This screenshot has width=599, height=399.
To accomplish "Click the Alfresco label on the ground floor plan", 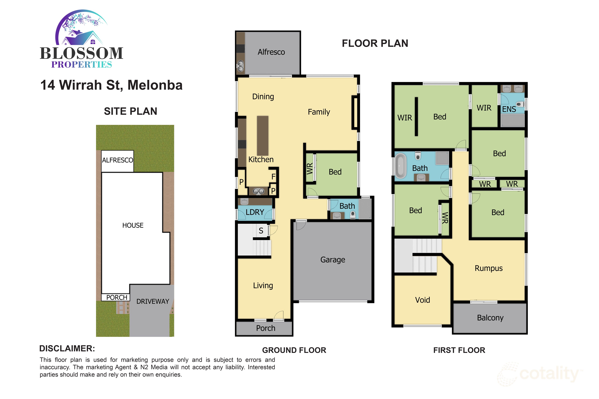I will click(271, 52).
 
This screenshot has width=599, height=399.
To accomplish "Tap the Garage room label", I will click(333, 260).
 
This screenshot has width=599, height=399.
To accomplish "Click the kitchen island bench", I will click(263, 136).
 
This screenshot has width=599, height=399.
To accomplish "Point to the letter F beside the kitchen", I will click(273, 177).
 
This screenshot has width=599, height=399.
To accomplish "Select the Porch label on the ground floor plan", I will click(266, 328).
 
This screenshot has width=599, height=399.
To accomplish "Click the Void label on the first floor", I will click(422, 300).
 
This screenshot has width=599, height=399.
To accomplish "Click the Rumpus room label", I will click(488, 268).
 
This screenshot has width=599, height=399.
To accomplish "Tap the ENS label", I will click(509, 109).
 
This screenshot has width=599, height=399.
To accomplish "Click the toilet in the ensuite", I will click(520, 104).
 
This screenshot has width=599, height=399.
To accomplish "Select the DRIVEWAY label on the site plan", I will click(153, 302).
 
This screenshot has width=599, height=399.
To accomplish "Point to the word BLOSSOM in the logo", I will click(81, 53).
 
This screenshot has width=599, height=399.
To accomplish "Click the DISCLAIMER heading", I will click(67, 349).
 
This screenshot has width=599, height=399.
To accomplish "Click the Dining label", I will click(263, 97).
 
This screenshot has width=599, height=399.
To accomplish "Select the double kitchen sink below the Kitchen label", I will click(258, 191).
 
